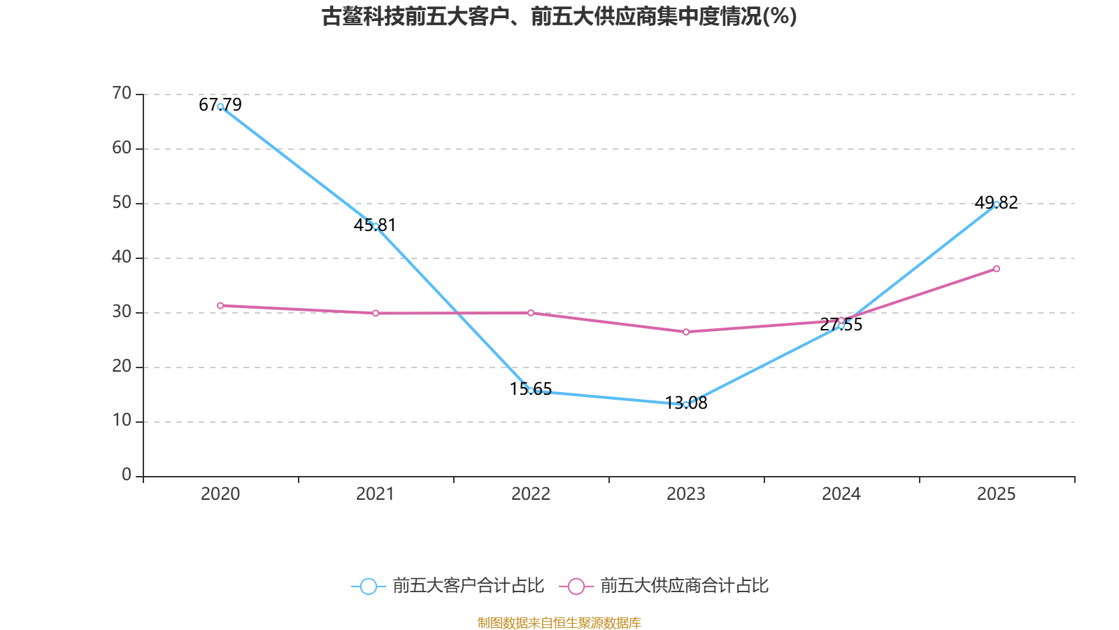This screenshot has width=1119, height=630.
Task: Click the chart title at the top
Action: point(559,17)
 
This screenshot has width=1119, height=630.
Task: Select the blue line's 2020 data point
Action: point(220,106)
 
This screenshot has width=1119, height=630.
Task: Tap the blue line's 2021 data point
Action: point(376,226)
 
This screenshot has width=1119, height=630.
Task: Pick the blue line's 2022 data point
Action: point(531,391)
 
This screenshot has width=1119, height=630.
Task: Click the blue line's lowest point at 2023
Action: point(686,405)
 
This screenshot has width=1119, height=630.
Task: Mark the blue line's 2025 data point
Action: point(997,204)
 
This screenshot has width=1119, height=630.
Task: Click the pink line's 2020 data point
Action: point(220,305)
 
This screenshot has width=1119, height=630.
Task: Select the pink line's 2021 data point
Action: point(376,313)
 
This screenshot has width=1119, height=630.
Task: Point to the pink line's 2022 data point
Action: point(531,313)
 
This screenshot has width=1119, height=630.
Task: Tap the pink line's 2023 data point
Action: point(686,332)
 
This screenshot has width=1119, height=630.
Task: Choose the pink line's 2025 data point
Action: point(997,269)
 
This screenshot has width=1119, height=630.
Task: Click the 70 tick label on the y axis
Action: point(122,93)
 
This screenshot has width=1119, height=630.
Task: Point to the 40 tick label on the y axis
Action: point(122,257)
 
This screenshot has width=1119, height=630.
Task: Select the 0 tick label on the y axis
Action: point(127,475)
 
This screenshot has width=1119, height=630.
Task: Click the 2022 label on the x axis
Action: point(531,494)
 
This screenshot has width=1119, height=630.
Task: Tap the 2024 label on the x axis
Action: point(841,494)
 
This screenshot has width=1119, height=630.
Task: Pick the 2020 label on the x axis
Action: point(220,494)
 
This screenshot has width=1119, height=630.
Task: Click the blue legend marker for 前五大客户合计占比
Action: point(368,586)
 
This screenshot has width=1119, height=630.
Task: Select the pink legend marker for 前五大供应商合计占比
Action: point(576,586)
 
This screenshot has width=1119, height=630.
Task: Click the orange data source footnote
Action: point(559,622)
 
